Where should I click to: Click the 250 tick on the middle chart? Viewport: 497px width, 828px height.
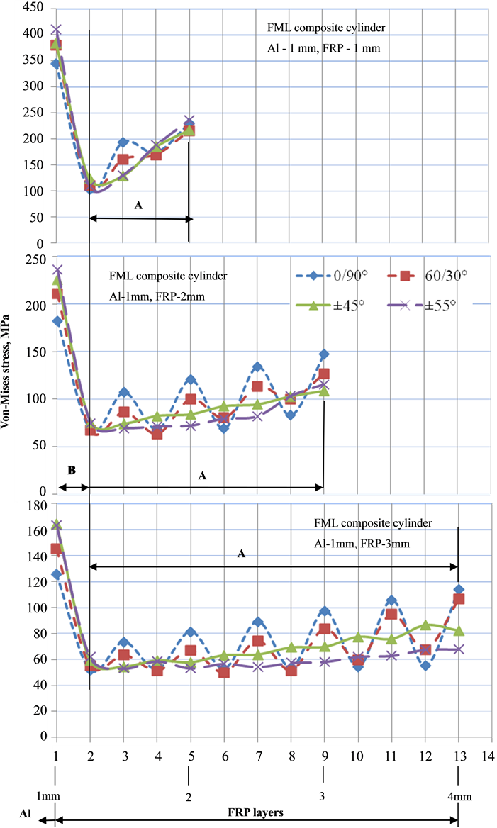pyautogui.click(x=33, y=259)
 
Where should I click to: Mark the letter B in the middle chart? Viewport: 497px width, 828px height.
pyautogui.click(x=71, y=471)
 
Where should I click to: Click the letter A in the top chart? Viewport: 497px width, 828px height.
pyautogui.click(x=138, y=205)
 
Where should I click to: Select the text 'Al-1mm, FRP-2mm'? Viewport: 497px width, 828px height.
pyautogui.click(x=157, y=296)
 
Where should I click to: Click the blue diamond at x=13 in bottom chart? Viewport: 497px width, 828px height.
pyautogui.click(x=458, y=589)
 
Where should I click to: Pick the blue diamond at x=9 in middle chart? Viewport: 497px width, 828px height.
pyautogui.click(x=324, y=354)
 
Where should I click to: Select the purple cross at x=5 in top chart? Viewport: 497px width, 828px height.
pyautogui.click(x=189, y=121)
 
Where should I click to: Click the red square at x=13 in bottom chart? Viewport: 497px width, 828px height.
pyautogui.click(x=458, y=599)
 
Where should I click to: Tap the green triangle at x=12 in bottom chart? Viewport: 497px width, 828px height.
pyautogui.click(x=425, y=625)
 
